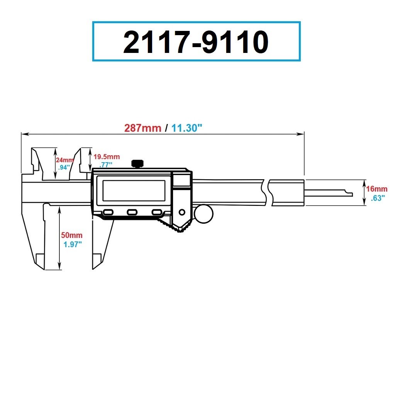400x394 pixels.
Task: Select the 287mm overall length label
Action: click(142, 128)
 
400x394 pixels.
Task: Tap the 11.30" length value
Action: click(187, 128)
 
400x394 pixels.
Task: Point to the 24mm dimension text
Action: click(64, 160)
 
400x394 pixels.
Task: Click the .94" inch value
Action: click(63, 167)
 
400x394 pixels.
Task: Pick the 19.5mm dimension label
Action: click(107, 157)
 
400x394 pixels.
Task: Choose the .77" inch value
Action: click(105, 164)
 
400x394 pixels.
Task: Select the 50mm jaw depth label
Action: click(72, 235)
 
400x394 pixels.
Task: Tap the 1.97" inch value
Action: click(73, 244)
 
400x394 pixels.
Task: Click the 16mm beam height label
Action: click(376, 189)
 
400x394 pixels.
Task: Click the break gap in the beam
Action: click(267, 192)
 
